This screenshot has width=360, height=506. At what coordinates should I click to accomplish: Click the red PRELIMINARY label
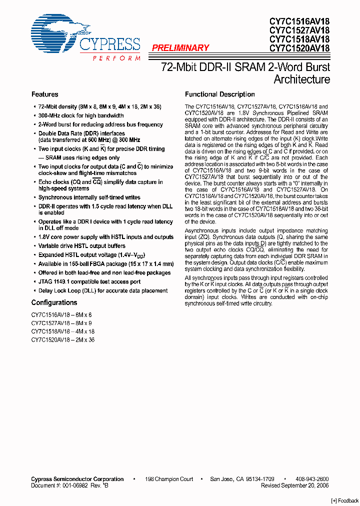point(180,48)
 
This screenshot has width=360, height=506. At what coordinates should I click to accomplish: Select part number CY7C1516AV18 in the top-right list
point(299,21)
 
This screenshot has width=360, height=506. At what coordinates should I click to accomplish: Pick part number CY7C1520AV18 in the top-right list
point(299,48)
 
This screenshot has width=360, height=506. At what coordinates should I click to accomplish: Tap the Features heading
point(44,94)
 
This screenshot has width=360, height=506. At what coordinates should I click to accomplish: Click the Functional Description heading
point(219,94)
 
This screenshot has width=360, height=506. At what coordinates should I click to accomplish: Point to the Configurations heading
point(54,302)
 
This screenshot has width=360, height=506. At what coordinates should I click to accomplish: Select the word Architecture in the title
point(301,79)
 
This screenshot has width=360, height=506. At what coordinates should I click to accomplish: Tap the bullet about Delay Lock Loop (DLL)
point(102,290)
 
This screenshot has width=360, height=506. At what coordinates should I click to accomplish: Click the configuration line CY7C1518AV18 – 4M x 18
point(62,331)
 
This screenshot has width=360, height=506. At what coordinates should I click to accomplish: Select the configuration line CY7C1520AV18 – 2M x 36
point(62,340)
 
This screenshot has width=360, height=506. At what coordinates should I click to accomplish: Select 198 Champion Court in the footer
point(168,479)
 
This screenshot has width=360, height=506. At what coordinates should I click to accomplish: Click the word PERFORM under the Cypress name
point(116,58)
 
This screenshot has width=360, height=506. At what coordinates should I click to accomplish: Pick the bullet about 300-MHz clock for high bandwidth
point(81,115)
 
